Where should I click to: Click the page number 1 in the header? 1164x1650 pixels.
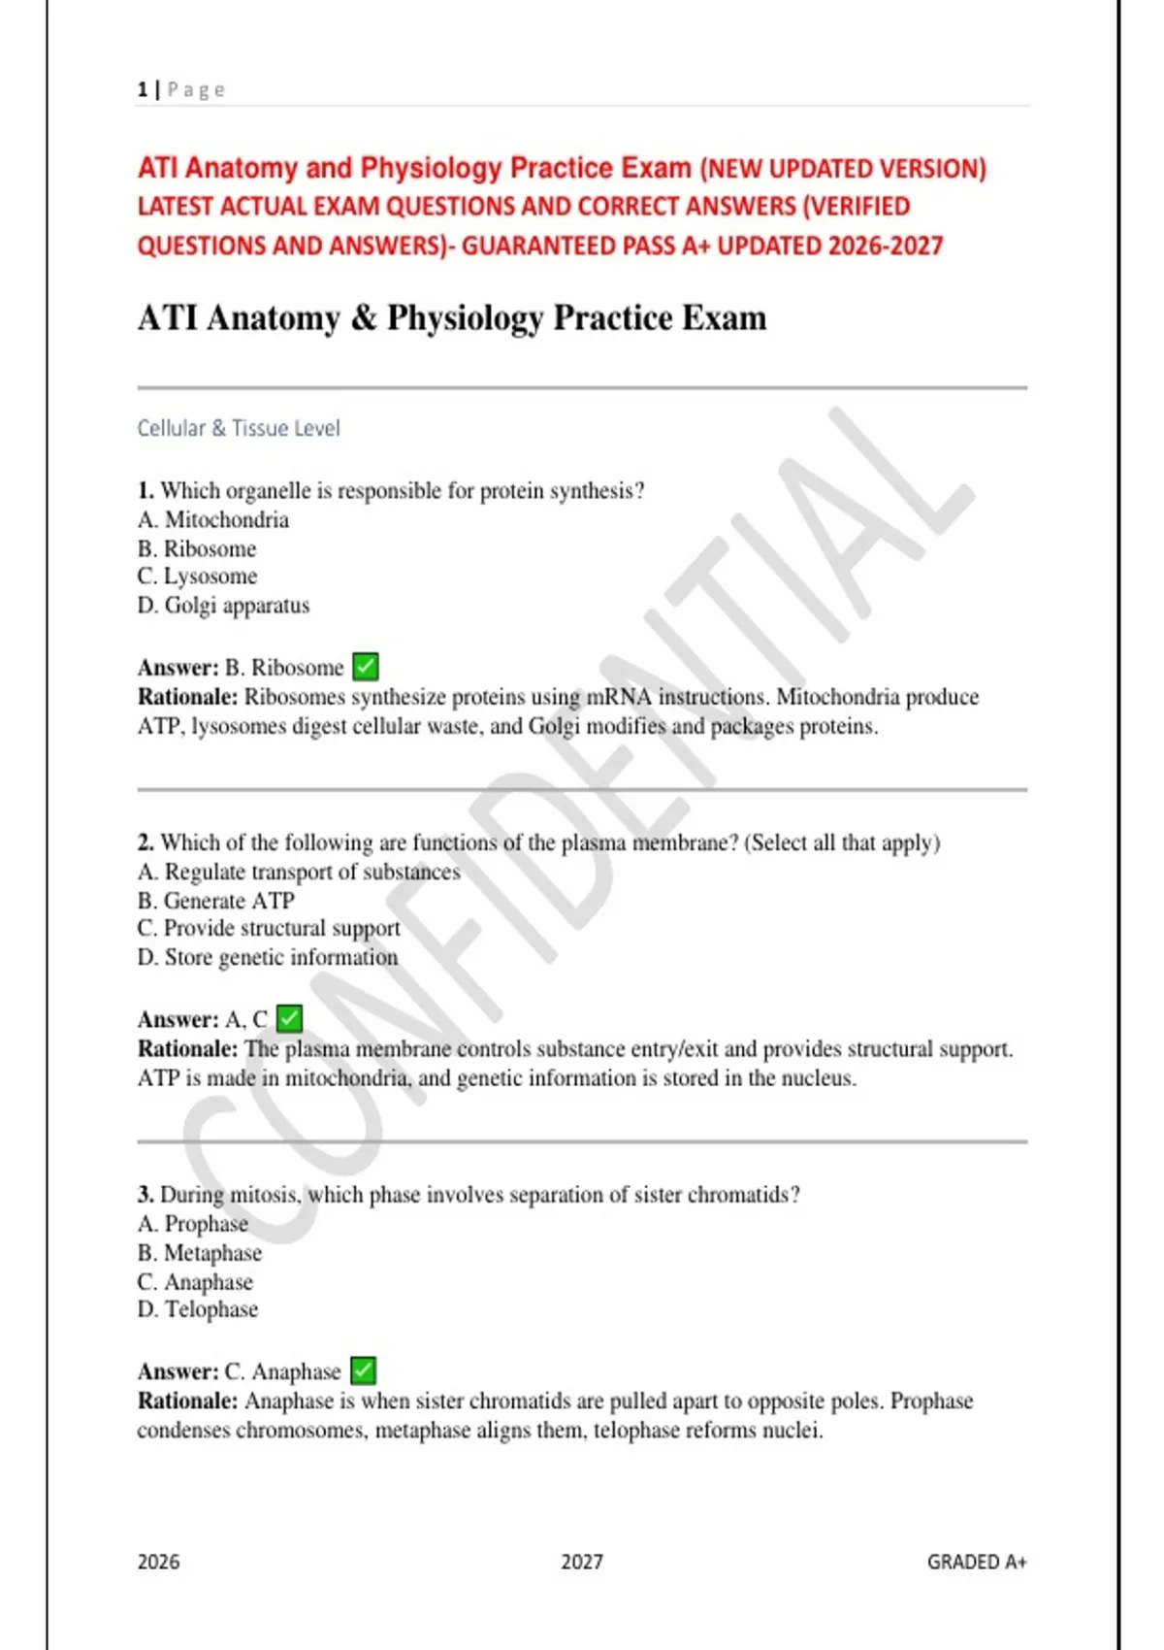[142, 90]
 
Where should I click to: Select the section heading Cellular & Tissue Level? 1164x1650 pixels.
[239, 428]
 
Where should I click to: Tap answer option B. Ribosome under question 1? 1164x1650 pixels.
[197, 548]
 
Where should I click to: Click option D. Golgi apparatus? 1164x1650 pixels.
[223, 606]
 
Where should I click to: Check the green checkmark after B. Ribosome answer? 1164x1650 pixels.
[366, 667]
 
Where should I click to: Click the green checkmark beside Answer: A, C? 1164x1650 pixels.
[289, 1018]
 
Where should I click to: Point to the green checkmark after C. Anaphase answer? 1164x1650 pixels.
[363, 1370]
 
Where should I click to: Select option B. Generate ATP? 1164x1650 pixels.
[215, 901]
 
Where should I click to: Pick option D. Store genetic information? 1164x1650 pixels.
[267, 957]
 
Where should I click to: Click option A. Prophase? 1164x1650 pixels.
[192, 1224]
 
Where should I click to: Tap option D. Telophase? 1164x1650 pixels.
[197, 1309]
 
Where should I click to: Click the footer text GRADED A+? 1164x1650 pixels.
[976, 1562]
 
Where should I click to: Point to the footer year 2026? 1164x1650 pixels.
[158, 1562]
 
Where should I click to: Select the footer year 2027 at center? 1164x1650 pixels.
[582, 1562]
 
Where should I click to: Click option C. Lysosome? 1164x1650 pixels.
[197, 577]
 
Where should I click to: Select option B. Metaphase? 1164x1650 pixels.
[199, 1253]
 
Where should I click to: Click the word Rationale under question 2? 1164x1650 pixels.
[187, 1049]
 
